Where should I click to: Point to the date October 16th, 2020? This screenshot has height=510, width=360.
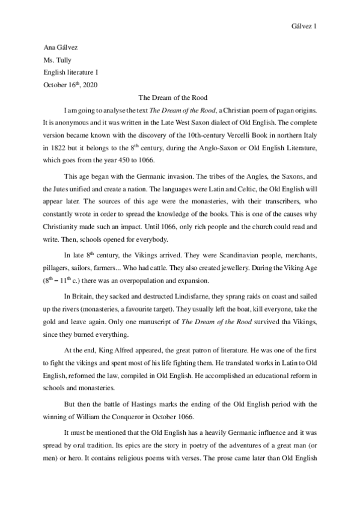point(70,84)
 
